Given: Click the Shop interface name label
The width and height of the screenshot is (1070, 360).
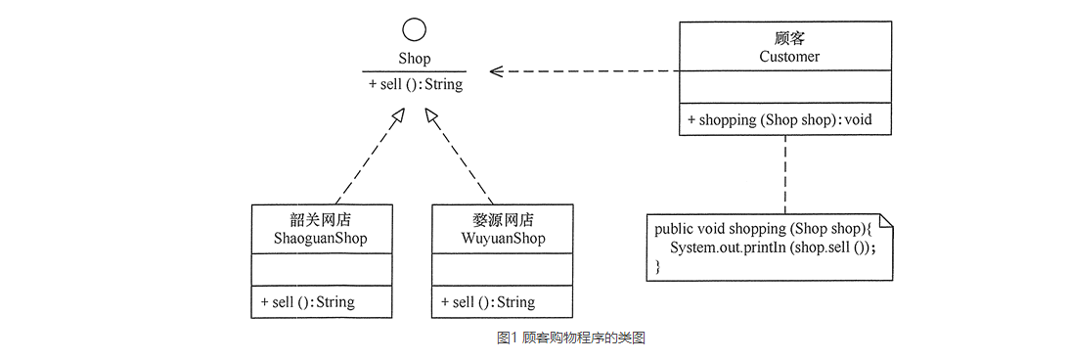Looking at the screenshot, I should click(x=415, y=60).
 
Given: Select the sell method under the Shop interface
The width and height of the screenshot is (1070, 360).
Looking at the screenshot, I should click(x=416, y=85).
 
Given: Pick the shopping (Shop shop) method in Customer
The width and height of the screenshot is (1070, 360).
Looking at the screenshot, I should click(x=780, y=120).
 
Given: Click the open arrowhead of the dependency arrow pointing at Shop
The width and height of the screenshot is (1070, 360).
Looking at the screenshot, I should click(x=496, y=70).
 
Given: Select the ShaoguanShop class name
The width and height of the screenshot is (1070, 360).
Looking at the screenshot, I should click(x=322, y=239).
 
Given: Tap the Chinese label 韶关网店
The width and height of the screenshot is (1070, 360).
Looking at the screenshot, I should click(x=322, y=220).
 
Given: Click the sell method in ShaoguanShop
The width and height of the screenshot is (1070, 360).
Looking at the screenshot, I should click(x=308, y=302).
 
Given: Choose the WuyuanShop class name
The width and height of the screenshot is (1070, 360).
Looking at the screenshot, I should click(x=503, y=239).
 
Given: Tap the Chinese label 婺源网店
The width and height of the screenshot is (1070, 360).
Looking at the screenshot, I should click(x=503, y=220).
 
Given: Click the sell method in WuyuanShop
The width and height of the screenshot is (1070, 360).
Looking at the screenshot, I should click(x=488, y=302).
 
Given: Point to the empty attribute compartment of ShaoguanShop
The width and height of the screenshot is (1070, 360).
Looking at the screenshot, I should click(x=322, y=270).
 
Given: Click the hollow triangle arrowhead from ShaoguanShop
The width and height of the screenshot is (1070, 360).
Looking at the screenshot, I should click(x=396, y=116).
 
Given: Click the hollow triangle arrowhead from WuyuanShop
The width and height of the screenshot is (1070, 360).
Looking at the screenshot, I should click(x=431, y=116).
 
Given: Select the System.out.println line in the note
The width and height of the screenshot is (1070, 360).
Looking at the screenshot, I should click(x=772, y=247).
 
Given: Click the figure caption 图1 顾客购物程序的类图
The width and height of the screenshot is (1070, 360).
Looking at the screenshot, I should click(x=571, y=338).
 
